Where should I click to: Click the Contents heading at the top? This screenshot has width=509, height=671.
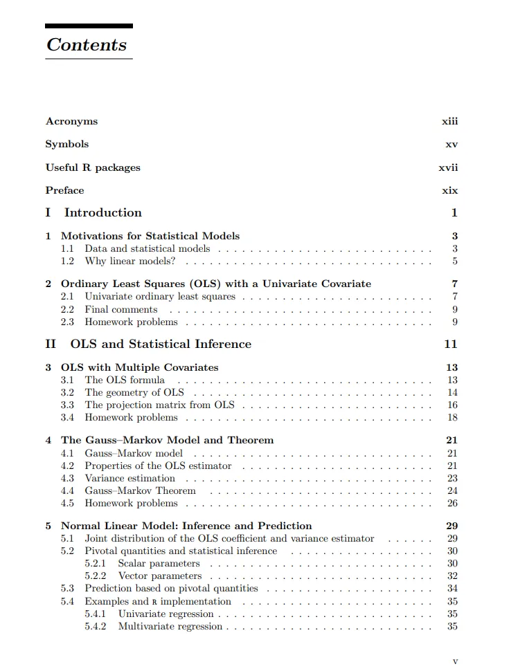click(x=87, y=45)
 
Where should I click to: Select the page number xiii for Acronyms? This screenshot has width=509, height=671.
click(x=449, y=122)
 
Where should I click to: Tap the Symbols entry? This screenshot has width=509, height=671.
click(x=67, y=145)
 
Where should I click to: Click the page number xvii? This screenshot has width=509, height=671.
click(x=448, y=167)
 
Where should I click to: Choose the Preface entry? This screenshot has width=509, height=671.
click(x=64, y=190)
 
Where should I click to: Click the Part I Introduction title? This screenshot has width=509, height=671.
click(x=102, y=213)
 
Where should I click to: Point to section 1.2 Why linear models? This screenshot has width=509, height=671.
click(x=130, y=261)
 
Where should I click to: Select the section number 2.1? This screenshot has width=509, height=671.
click(x=67, y=297)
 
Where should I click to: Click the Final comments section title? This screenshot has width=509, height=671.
click(x=121, y=309)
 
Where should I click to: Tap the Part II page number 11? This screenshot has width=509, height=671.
click(x=451, y=344)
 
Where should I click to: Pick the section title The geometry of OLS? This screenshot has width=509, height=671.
click(x=134, y=393)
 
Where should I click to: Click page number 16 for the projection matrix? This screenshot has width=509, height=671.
click(x=452, y=405)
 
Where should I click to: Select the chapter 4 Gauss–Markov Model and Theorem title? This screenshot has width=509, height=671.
click(x=167, y=440)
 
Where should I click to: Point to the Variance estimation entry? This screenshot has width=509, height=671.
click(x=130, y=478)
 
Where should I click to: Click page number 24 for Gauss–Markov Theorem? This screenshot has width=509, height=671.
click(x=452, y=491)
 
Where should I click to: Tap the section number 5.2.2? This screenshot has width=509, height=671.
click(x=95, y=576)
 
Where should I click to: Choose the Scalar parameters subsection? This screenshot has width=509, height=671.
click(x=159, y=564)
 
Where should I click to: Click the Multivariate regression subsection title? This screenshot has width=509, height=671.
click(x=170, y=627)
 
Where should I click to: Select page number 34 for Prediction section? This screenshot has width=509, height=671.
click(x=452, y=589)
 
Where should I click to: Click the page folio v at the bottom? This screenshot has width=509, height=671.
click(x=455, y=661)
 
